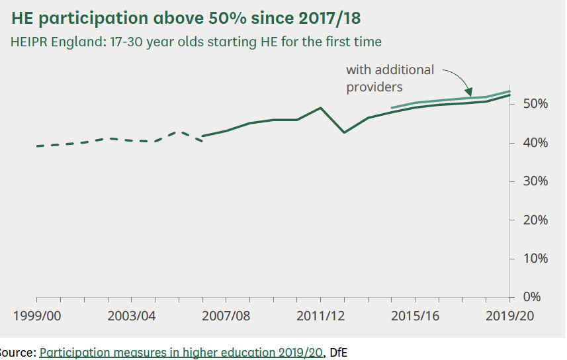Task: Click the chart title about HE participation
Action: coord(186,18)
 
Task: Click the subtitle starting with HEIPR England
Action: coord(196,42)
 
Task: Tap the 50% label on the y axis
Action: coord(535,104)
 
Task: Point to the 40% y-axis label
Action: coord(535,143)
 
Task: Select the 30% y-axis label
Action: coord(535,181)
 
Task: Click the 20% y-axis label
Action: coord(535,220)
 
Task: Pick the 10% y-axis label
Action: coord(535,259)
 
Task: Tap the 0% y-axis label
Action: coord(532,297)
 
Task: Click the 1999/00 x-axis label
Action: coord(37,316)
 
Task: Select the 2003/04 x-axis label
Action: coord(132,316)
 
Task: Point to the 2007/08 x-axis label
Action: coord(226,316)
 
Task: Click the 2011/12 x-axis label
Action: coord(321,316)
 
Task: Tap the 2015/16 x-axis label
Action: coord(415,316)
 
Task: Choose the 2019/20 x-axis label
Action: coord(510,316)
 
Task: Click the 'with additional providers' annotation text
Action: coord(390,79)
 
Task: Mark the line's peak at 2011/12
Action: coord(320,108)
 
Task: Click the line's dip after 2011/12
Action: coord(344,132)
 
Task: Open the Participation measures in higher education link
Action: coord(181,353)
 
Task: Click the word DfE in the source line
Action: coord(339,353)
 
